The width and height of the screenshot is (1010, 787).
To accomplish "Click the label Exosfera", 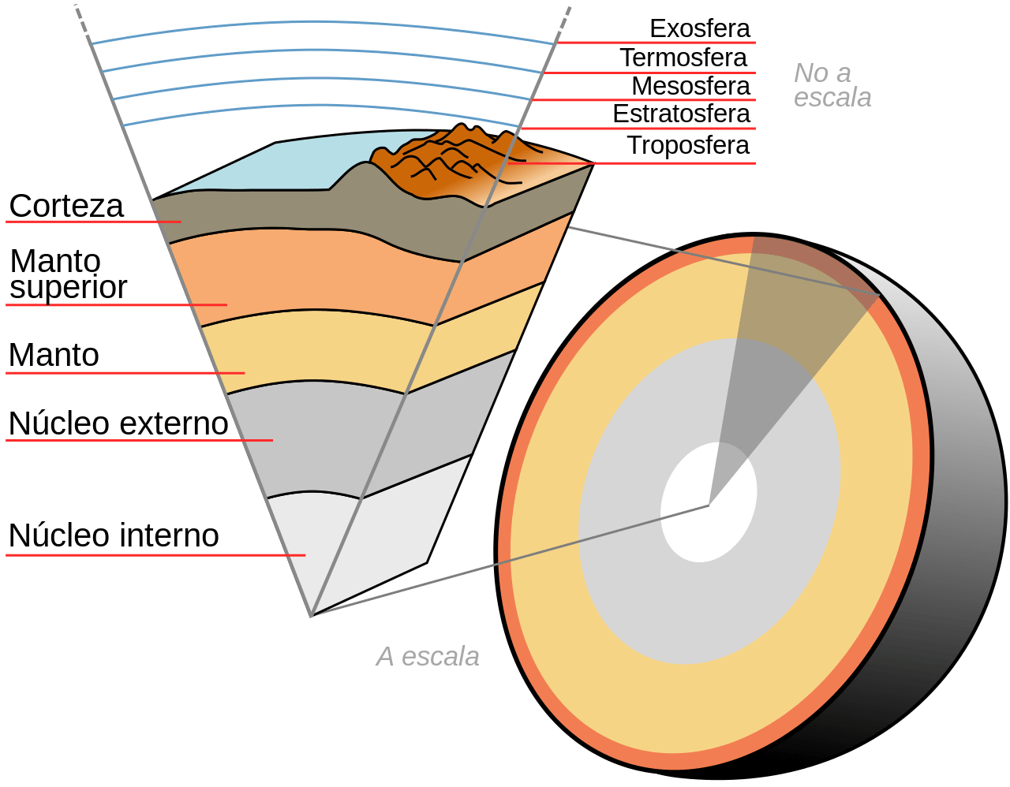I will [x=700, y=28].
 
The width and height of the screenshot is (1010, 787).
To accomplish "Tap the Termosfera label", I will [x=683, y=58].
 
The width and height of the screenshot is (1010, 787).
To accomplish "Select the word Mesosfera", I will [x=690, y=85].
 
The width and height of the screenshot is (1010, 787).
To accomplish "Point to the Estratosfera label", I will [x=681, y=114].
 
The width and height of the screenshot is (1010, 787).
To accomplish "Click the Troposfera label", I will [x=688, y=145].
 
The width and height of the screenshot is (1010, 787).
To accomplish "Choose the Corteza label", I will [x=66, y=206].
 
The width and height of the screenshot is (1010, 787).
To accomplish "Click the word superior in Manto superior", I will [x=68, y=287].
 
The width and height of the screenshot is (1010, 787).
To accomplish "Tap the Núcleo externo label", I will [x=118, y=423].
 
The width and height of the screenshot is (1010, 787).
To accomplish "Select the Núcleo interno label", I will [x=114, y=535].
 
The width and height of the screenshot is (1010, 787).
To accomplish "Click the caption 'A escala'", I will [x=428, y=656].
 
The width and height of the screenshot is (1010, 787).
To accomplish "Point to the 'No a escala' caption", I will [x=832, y=85].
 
